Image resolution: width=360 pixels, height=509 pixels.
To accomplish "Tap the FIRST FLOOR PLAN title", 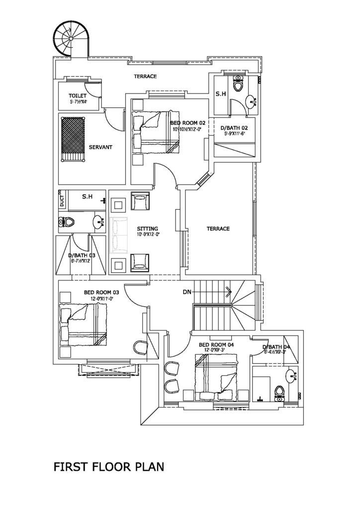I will (x=108, y=467).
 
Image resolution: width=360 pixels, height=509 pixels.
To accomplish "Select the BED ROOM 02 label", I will (x=187, y=123).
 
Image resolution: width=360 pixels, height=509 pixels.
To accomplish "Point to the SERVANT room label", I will (x=100, y=147).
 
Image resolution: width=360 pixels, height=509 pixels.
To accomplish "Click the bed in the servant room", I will (x=73, y=139).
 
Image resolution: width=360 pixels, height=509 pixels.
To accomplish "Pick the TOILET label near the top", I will (x=78, y=95).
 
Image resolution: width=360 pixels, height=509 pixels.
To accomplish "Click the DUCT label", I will (x=62, y=201).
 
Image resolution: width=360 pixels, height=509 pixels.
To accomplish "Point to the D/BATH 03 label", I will (x=82, y=256).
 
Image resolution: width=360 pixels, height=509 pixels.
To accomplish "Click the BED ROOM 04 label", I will (x=216, y=344).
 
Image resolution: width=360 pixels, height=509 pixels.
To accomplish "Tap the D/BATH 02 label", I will (x=234, y=128).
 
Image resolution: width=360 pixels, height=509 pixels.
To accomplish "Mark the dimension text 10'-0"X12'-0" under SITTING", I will (x=147, y=235).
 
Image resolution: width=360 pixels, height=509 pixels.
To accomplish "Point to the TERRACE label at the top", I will (x=145, y=76).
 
